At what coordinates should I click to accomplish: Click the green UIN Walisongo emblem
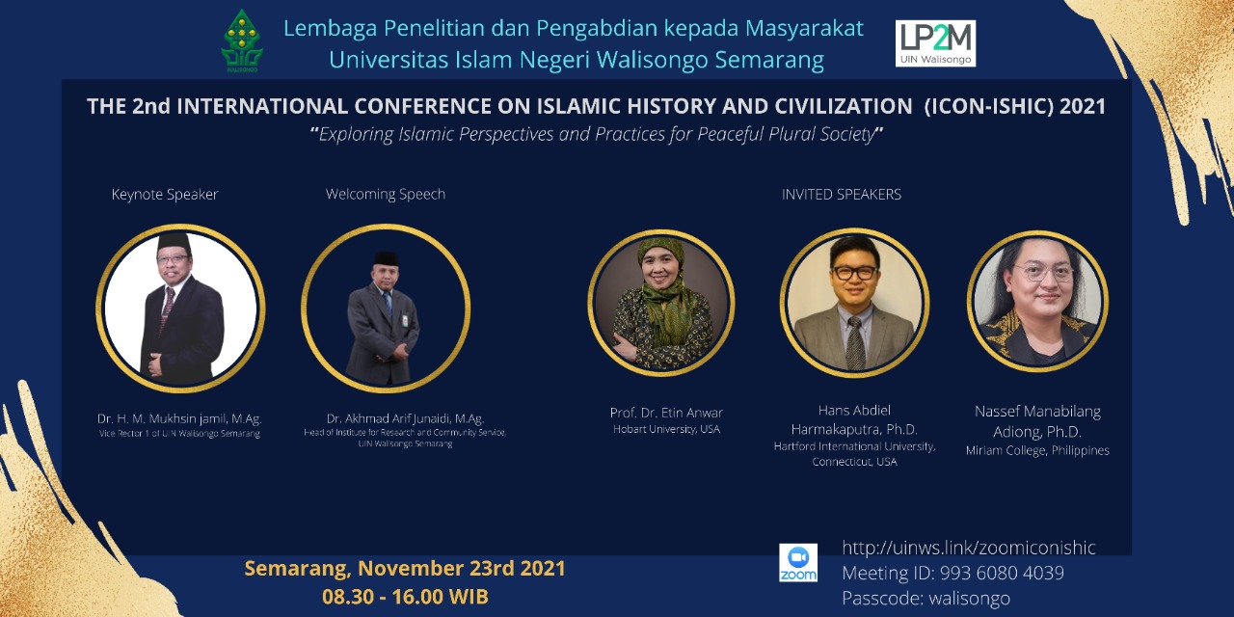point(242,41)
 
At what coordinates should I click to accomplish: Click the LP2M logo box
point(935,43)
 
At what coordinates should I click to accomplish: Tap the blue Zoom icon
point(798,562)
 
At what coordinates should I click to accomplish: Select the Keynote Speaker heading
point(165,195)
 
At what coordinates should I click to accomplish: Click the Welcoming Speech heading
point(386,195)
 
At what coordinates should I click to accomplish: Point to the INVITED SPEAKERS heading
point(842,195)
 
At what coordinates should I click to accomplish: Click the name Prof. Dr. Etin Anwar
point(666,413)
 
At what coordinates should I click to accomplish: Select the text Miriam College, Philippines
point(1037,450)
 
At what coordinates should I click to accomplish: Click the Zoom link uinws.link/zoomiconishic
point(969,548)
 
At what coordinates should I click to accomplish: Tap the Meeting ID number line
point(953,573)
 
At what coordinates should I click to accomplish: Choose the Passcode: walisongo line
point(926,599)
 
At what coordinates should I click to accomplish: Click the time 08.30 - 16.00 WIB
point(406,597)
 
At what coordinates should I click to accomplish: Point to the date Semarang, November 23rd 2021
point(405,569)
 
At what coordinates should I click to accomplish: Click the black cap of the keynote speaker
point(174,243)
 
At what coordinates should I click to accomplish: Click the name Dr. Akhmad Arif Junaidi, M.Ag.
point(406,418)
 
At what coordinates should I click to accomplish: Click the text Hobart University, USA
point(666,429)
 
